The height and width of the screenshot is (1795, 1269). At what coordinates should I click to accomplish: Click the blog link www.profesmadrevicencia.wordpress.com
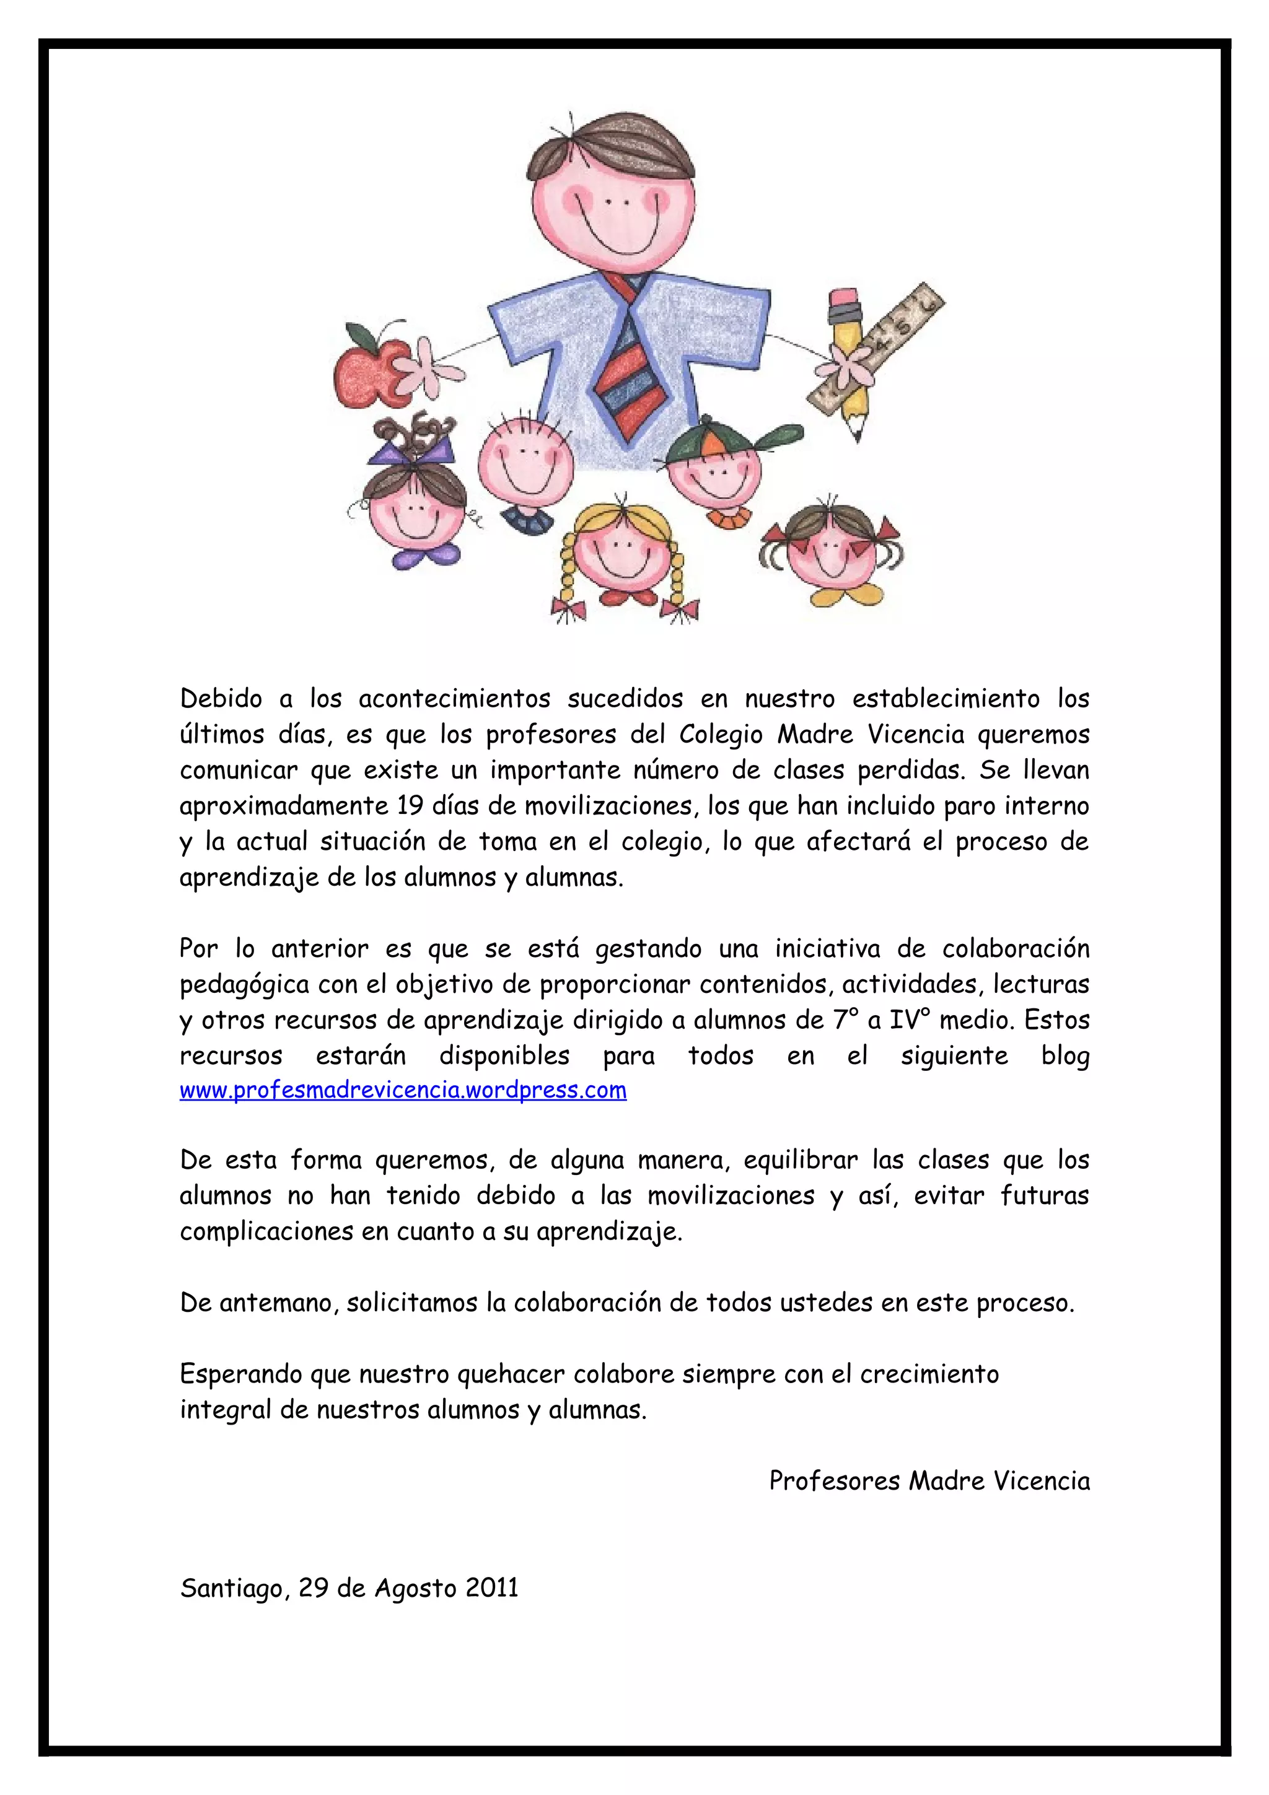point(403,1091)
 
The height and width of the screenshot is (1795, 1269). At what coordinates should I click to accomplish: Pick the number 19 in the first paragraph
point(410,806)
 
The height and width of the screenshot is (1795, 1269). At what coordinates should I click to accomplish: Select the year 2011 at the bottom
point(491,1588)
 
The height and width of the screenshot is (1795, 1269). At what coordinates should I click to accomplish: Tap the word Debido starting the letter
point(221,698)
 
